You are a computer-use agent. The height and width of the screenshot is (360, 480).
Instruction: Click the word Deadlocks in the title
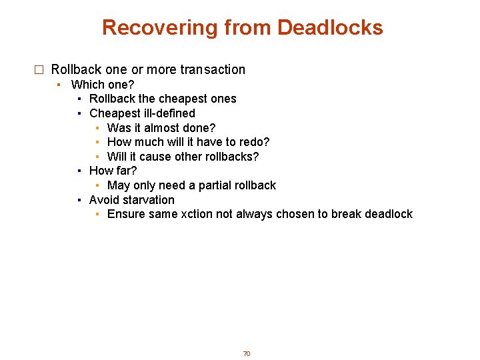click(x=330, y=27)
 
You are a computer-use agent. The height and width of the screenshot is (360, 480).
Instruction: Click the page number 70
click(x=246, y=353)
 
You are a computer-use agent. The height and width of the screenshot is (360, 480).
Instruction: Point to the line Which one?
click(x=103, y=85)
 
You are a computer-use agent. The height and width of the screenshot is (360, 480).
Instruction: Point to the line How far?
click(x=113, y=171)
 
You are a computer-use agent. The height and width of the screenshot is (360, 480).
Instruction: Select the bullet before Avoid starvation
click(x=79, y=200)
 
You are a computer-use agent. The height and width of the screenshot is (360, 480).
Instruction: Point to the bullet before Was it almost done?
click(x=97, y=128)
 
